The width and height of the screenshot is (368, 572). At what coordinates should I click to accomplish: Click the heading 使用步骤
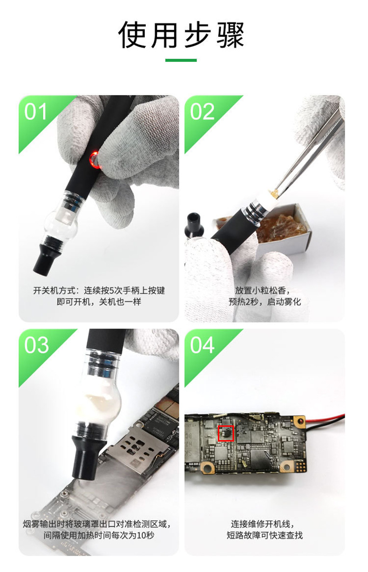[181, 35]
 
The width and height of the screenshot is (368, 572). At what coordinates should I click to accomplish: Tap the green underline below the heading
[181, 60]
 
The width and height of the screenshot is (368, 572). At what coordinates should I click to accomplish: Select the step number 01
[36, 112]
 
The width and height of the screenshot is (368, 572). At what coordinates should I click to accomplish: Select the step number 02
[203, 112]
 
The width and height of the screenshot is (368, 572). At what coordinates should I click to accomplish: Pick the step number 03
[36, 345]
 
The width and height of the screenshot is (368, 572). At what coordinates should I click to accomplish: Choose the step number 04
[203, 345]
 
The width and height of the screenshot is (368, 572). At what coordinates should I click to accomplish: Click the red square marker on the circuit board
[226, 433]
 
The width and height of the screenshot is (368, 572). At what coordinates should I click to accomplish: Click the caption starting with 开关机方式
[99, 291]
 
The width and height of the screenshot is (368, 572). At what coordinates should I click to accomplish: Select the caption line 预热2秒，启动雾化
[265, 302]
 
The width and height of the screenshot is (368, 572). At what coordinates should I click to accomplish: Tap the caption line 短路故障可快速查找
[265, 535]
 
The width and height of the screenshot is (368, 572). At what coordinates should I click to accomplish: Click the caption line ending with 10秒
[99, 535]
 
